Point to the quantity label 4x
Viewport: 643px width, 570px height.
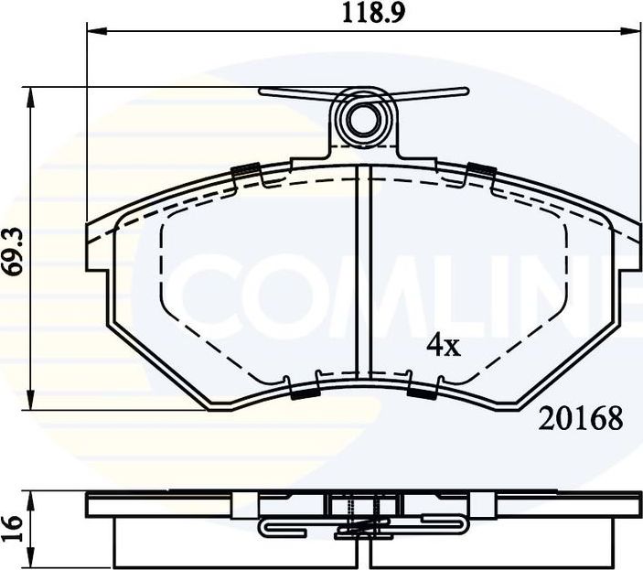coord(444,345)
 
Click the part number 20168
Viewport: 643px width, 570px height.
coord(582,419)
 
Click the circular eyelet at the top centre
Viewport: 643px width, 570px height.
coord(365,117)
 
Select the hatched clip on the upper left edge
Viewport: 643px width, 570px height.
coord(245,170)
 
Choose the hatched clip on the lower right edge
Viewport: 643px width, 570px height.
coord(422,393)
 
